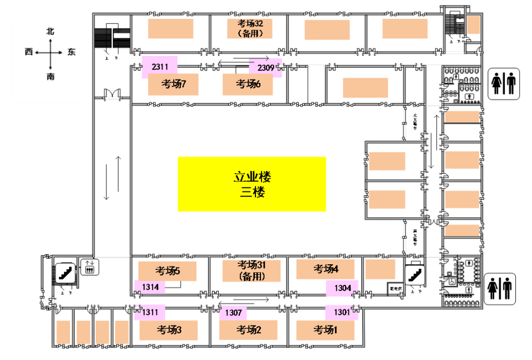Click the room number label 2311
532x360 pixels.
[x=160, y=67]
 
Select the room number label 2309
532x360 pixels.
[x=265, y=68]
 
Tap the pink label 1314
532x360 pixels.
[x=150, y=287]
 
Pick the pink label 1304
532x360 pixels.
[x=342, y=288]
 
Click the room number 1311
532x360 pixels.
[x=150, y=312]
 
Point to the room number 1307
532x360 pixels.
[x=233, y=313]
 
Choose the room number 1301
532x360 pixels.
[x=342, y=312]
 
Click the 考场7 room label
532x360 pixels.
[x=173, y=84]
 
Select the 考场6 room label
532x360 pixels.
[x=248, y=84]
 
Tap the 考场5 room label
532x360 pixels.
[x=168, y=271]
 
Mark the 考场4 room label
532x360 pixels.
[x=326, y=269]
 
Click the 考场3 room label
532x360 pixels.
[x=169, y=330]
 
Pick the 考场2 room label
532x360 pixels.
[x=249, y=330]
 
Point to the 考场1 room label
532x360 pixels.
[x=326, y=330]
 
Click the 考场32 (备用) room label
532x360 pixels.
[x=254, y=28]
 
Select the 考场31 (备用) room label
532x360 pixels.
[x=252, y=270]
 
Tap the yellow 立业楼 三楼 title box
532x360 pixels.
[x=252, y=185]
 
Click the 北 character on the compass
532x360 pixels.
[x=51, y=32]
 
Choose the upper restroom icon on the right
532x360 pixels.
[x=504, y=83]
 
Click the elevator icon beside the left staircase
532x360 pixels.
[x=90, y=267]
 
